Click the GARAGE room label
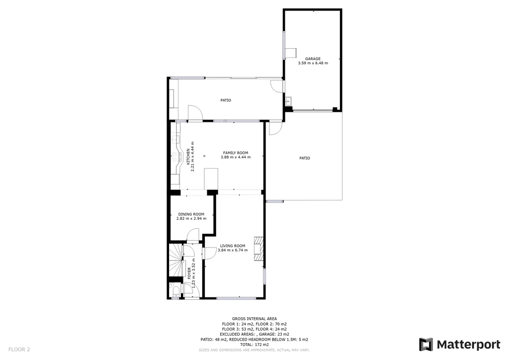point(313,59)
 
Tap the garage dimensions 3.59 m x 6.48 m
point(313,63)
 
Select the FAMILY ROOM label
point(236,153)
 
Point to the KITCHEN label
point(188,157)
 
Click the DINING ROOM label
point(191,214)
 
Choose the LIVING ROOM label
point(233,246)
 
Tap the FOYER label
point(189,273)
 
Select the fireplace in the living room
point(258,249)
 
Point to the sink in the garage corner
point(288,101)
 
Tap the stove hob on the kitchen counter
point(176,158)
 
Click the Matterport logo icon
point(426,345)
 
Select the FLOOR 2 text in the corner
point(19,350)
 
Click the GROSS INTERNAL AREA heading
point(254,319)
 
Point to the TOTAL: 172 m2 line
point(254,345)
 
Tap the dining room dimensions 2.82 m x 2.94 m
point(191,218)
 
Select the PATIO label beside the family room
point(305,158)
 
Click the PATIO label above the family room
point(226,100)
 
